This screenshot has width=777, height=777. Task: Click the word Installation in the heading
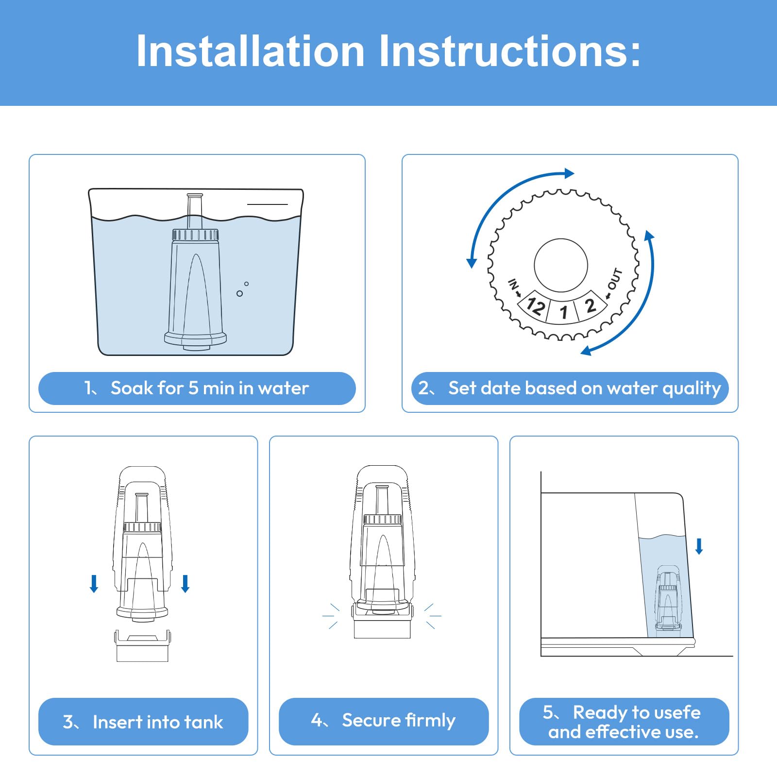250,51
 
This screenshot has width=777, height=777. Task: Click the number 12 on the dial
535,306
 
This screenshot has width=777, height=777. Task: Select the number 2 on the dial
590,305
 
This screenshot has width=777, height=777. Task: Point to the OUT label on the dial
615,279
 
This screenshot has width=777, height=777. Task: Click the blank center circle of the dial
561,265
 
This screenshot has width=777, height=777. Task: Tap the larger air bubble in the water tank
239,293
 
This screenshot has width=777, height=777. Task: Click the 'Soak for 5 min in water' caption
209,388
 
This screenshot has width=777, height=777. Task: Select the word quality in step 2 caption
692,388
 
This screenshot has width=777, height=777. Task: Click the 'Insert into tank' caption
157,722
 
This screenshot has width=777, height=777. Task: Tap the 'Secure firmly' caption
398,720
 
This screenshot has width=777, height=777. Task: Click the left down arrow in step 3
94,583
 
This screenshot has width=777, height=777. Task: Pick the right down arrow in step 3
185,583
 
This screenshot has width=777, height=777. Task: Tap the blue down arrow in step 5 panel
699,546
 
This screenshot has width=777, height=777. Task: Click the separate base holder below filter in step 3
142,646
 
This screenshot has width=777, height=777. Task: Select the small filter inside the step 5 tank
668,600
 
